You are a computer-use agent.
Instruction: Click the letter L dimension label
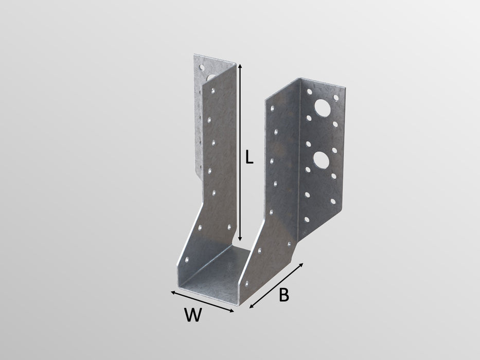[x=248, y=157]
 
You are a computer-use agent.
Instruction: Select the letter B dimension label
[x=283, y=295]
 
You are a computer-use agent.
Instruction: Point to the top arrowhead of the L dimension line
[x=240, y=66]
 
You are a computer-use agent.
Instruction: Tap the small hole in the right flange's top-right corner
[x=336, y=97]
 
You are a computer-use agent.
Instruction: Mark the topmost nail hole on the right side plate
[x=272, y=108]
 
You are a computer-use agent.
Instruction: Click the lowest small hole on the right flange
[x=307, y=220]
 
